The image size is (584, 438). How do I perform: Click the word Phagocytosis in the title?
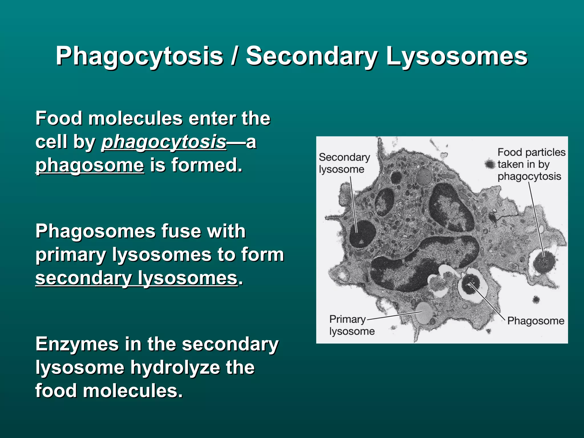click(x=139, y=56)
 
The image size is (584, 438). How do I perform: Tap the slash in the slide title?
click(x=234, y=56)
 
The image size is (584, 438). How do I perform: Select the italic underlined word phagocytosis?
click(x=164, y=142)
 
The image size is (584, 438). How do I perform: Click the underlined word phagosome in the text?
click(x=90, y=165)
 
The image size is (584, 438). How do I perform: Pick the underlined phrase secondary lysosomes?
click(x=136, y=278)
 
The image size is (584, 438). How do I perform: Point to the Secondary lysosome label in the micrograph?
click(x=344, y=163)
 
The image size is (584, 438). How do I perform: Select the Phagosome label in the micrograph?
click(x=536, y=321)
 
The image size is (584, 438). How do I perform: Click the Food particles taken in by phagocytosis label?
click(x=531, y=164)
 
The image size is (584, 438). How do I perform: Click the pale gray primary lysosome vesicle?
click(x=424, y=313)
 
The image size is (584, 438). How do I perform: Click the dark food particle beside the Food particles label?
click(x=490, y=164)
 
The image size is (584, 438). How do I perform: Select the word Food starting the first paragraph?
click(x=59, y=118)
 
